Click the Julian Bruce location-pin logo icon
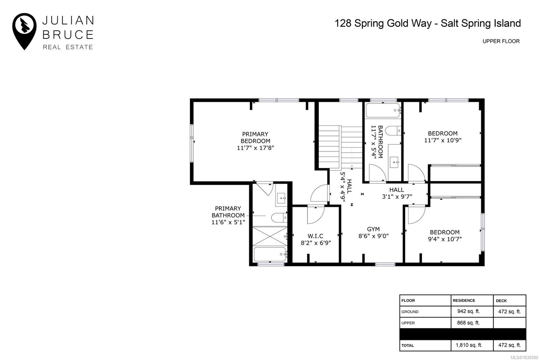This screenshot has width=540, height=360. (24, 30)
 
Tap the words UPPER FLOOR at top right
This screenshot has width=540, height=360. (501, 41)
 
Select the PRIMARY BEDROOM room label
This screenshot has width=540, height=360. (255, 137)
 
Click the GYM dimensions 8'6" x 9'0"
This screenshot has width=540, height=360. (373, 236)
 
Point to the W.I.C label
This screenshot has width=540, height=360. (315, 236)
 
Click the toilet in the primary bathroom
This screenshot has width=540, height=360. (279, 218)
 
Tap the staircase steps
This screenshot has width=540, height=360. (340, 147)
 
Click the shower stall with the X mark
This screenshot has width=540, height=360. (269, 236)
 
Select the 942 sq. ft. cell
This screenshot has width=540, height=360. (468, 311)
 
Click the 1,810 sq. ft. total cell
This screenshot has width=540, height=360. (469, 345)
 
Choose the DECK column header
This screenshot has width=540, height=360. (501, 301)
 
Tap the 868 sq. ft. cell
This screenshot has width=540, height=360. (468, 323)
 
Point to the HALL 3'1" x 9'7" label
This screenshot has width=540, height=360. (397, 193)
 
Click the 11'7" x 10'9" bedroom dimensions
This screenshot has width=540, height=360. (442, 140)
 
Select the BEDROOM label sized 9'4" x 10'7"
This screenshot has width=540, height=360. (444, 232)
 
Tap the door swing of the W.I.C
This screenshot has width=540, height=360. (315, 214)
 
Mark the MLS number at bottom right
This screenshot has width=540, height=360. (524, 357)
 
